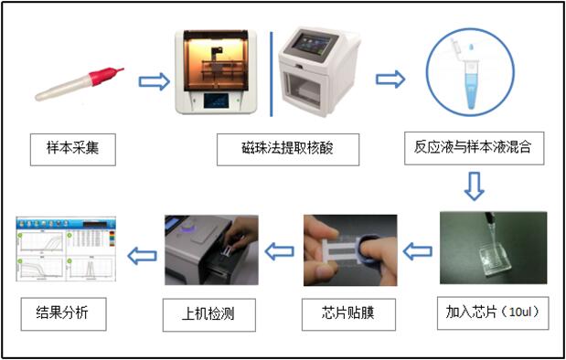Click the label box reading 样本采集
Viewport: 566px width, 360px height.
[73, 150]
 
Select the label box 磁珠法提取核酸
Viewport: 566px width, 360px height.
[288, 150]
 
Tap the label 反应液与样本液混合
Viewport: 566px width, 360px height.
[474, 148]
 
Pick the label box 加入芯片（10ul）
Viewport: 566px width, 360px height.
[493, 313]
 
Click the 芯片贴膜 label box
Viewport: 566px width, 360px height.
[348, 314]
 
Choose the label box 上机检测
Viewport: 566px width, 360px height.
[209, 315]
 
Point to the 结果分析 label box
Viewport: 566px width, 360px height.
[63, 313]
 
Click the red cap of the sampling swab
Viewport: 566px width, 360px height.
[104, 76]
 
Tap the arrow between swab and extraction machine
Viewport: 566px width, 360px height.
[155, 81]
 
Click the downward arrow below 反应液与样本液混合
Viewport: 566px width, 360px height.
[474, 185]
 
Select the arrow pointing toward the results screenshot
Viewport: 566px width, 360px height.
[143, 255]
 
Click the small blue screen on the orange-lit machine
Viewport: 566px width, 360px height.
[216, 101]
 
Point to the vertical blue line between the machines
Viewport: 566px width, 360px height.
[272, 74]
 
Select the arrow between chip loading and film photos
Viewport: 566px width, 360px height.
[417, 251]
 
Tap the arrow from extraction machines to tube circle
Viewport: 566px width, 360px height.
[390, 79]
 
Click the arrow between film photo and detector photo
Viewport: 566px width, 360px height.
[280, 251]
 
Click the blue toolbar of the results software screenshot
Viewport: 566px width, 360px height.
[66, 223]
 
